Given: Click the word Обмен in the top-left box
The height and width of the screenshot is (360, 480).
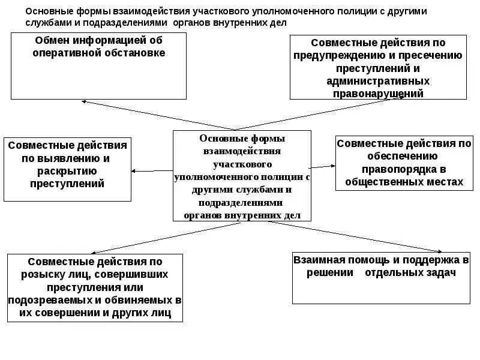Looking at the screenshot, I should [x=50, y=41].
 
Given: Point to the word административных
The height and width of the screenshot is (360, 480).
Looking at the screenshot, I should [x=379, y=81].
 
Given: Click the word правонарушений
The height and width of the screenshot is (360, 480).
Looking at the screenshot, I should [x=378, y=94].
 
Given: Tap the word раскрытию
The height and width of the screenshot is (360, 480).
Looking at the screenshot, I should [x=67, y=171].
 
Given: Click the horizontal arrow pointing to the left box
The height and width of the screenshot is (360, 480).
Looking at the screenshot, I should [x=152, y=172].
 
